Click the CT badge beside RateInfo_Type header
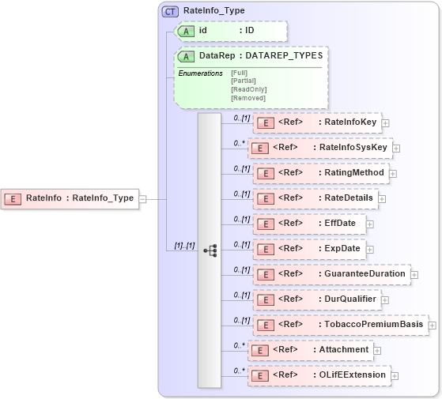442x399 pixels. tap(170, 11)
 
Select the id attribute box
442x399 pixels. tap(230, 31)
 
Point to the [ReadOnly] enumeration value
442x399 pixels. tap(248, 89)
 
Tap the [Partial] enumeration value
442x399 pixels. tap(243, 81)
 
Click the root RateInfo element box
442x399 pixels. tap(70, 198)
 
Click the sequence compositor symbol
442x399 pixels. tap(210, 250)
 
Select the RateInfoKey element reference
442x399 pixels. tap(316, 122)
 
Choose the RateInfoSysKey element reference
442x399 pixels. tap(319, 148)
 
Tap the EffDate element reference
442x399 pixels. tap(308, 224)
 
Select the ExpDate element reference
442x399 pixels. tap(308, 249)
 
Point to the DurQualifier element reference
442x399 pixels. tap(316, 299)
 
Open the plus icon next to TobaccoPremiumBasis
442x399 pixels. tap(433, 325)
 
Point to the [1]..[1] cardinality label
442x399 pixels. tap(184, 247)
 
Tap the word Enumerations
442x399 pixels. tap(200, 73)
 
